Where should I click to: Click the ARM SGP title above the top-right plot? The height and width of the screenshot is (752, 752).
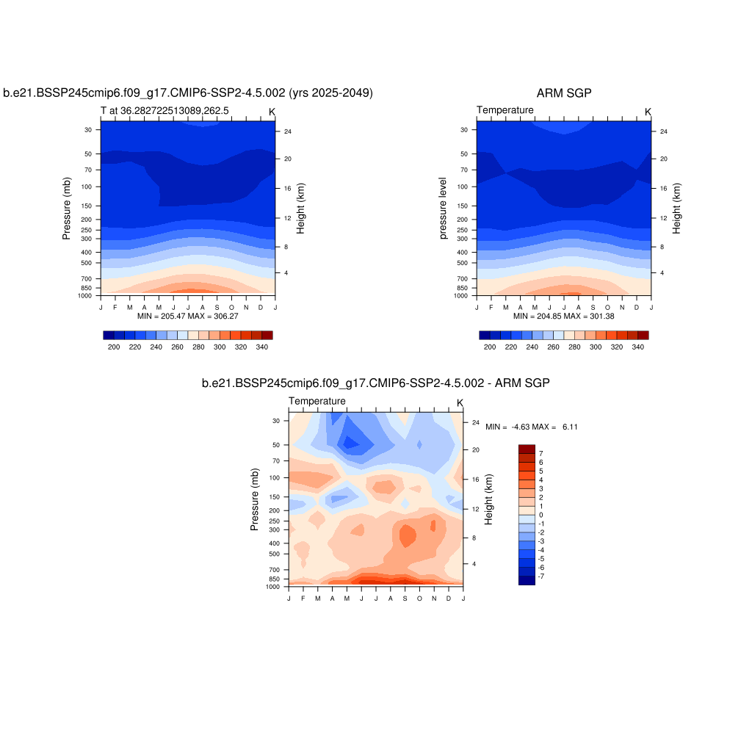pyautogui.click(x=564, y=93)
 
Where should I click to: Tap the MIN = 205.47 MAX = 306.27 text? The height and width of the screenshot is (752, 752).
pyautogui.click(x=187, y=316)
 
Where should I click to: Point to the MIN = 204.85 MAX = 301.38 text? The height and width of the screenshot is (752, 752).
pyautogui.click(x=563, y=316)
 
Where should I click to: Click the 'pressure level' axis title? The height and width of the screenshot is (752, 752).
pyautogui.click(x=443, y=208)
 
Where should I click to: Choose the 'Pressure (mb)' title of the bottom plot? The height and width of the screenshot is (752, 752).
pyautogui.click(x=255, y=499)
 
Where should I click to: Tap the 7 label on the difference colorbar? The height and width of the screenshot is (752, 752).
pyautogui.click(x=540, y=454)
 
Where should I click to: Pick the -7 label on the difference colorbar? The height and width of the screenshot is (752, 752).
pyautogui.click(x=542, y=576)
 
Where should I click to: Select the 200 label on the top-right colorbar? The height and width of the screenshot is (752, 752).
pyautogui.click(x=490, y=347)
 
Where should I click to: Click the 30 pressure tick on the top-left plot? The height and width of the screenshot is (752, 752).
pyautogui.click(x=88, y=130)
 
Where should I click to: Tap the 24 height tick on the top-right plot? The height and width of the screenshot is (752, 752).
pyautogui.click(x=664, y=131)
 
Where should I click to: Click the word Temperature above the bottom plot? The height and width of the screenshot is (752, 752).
pyautogui.click(x=317, y=401)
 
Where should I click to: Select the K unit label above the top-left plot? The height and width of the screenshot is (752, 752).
pyautogui.click(x=272, y=112)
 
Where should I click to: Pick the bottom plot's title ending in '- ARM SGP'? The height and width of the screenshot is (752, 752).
pyautogui.click(x=375, y=383)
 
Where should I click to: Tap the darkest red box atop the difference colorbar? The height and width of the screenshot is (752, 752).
pyautogui.click(x=527, y=449)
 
